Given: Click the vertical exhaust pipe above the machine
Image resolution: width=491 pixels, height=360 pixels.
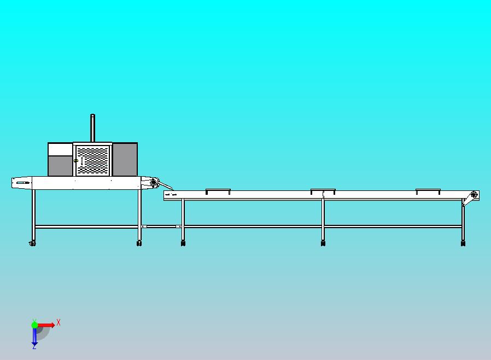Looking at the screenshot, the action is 93,128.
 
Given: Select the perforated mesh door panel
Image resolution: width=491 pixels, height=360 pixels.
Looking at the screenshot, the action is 93,160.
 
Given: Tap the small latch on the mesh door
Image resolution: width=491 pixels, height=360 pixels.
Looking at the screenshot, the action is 75,161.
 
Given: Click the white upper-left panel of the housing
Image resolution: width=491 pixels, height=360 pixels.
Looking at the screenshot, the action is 61,149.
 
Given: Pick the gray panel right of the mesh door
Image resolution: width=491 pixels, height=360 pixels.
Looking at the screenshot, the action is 125,159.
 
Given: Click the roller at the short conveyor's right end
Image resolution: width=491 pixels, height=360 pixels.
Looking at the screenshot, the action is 154,182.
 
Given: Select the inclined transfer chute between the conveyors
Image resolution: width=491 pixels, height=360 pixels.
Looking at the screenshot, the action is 165,185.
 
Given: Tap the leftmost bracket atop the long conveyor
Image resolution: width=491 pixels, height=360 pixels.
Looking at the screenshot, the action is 218,191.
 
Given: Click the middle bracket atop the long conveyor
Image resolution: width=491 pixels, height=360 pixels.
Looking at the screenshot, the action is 323,191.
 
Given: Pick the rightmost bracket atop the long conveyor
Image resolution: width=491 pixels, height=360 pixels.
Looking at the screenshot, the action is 428,191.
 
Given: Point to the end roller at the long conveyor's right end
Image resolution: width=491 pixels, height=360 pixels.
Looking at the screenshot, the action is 474,195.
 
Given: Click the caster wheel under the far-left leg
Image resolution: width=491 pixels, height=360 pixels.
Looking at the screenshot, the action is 32,243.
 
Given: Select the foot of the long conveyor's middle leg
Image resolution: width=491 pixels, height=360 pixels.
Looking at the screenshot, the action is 323,243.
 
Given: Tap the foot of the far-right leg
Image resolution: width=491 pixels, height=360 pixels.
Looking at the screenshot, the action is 463,243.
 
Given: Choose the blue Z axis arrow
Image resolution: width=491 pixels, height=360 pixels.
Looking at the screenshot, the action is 34,336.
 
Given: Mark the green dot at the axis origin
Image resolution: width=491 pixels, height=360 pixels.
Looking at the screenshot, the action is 34,325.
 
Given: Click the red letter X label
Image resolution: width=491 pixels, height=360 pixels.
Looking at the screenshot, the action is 59,322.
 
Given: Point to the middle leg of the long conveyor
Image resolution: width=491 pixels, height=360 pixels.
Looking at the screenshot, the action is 323,220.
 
